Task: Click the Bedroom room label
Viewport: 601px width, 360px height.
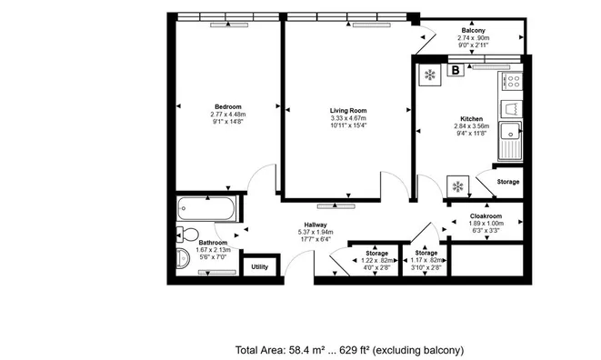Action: pos(228,106)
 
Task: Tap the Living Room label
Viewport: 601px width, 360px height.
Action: pos(348,110)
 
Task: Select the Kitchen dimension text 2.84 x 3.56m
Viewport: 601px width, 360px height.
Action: pos(472,126)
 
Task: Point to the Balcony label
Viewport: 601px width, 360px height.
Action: pos(474,30)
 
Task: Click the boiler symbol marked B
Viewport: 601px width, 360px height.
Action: pos(456,70)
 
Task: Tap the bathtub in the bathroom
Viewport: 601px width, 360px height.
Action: pos(206,208)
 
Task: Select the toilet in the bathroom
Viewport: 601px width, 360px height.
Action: pos(187,235)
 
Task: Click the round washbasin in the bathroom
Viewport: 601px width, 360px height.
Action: pos(183,257)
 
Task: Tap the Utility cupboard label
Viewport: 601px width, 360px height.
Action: pos(259,267)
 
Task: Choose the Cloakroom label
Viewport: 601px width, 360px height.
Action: pos(486,216)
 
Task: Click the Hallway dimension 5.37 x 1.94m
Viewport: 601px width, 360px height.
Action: pos(316,232)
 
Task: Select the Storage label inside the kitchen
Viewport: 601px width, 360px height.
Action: pos(508,182)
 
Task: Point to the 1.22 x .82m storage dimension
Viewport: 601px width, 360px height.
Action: pos(376,261)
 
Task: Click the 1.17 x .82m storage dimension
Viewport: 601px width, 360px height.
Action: pos(426,260)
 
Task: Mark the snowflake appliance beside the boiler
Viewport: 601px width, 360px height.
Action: pos(430,75)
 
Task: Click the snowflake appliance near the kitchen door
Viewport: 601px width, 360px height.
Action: pos(457,186)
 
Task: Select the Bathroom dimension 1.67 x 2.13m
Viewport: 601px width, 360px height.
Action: pos(213,250)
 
